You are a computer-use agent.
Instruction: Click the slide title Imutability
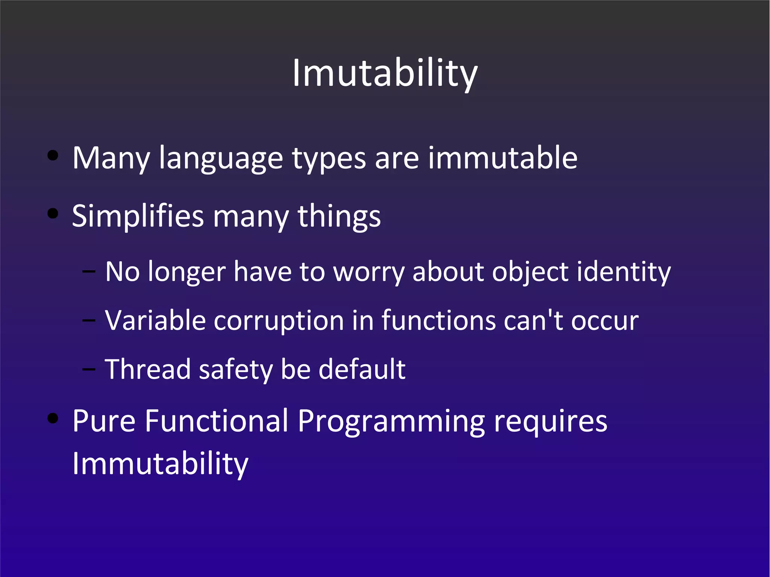point(385,73)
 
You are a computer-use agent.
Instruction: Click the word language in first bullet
point(221,158)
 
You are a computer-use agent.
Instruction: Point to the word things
point(339,217)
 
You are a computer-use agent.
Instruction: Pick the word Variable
point(155,321)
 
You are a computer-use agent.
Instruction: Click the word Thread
point(148,369)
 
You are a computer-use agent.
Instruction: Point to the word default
point(362,369)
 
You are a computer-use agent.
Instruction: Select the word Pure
point(104,421)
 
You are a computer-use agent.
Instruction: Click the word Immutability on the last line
point(160,464)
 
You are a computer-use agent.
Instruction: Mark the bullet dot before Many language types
point(53,156)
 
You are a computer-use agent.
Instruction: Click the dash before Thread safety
point(89,369)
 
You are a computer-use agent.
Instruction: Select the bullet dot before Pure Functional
point(53,418)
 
